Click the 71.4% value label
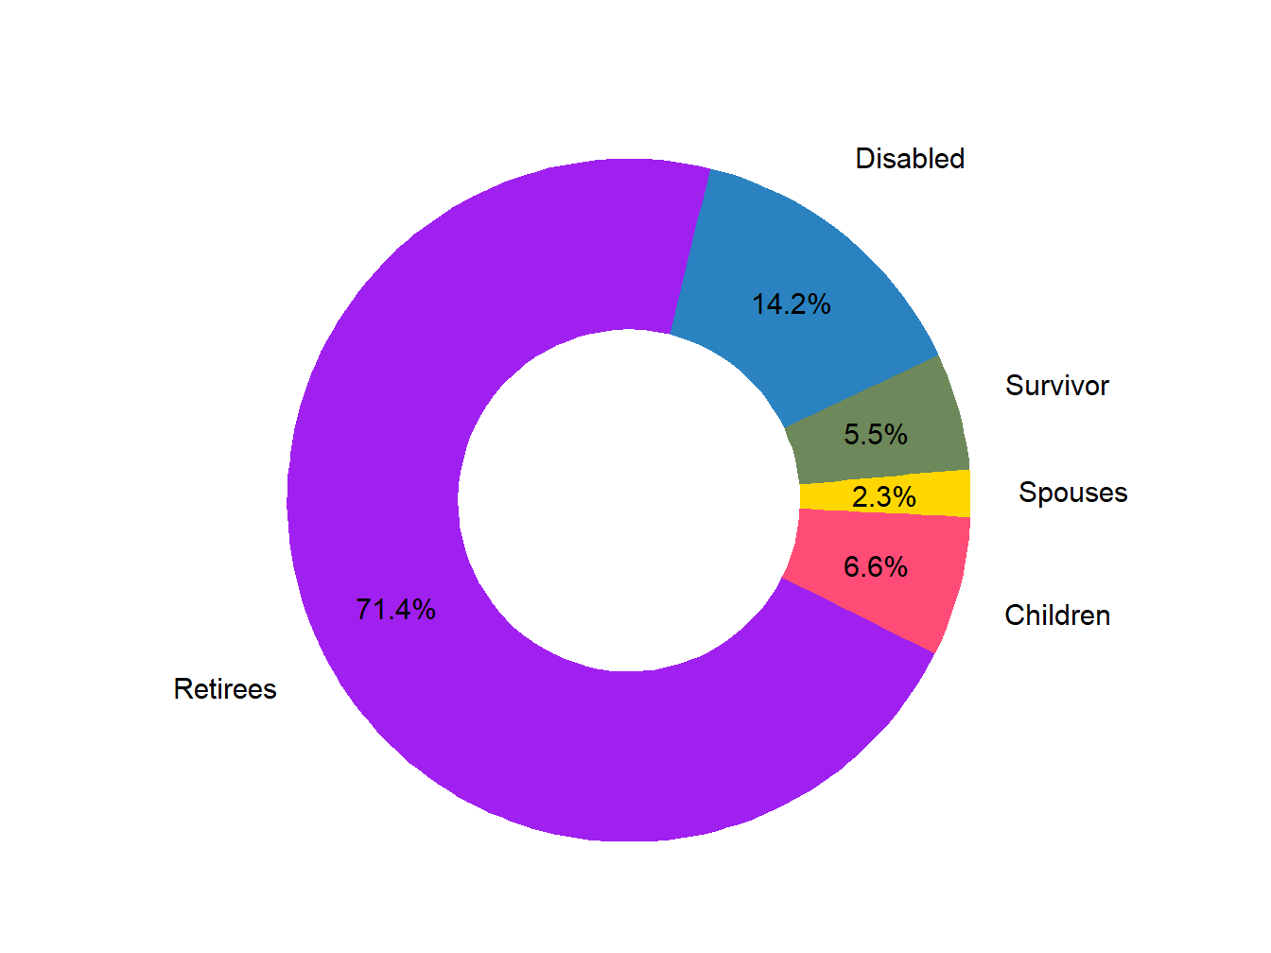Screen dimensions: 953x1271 [x=395, y=610]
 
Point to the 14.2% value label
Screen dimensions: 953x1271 [x=791, y=304]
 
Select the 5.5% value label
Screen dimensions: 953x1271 [x=876, y=435]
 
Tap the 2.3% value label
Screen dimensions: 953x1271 [x=883, y=497]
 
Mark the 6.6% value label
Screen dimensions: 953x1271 [x=876, y=567]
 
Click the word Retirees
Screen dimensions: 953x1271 [x=225, y=689]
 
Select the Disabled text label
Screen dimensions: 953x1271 [x=910, y=159]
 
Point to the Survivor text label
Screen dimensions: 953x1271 [x=1056, y=386]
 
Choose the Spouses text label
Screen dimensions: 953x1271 [x=1072, y=493]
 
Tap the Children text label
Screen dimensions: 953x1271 [x=1057, y=615]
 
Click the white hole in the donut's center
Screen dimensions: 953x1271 [x=629, y=500]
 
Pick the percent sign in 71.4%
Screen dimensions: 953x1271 [x=423, y=610]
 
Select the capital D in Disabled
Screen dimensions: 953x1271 [x=864, y=159]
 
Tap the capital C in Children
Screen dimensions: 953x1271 [x=1014, y=615]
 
